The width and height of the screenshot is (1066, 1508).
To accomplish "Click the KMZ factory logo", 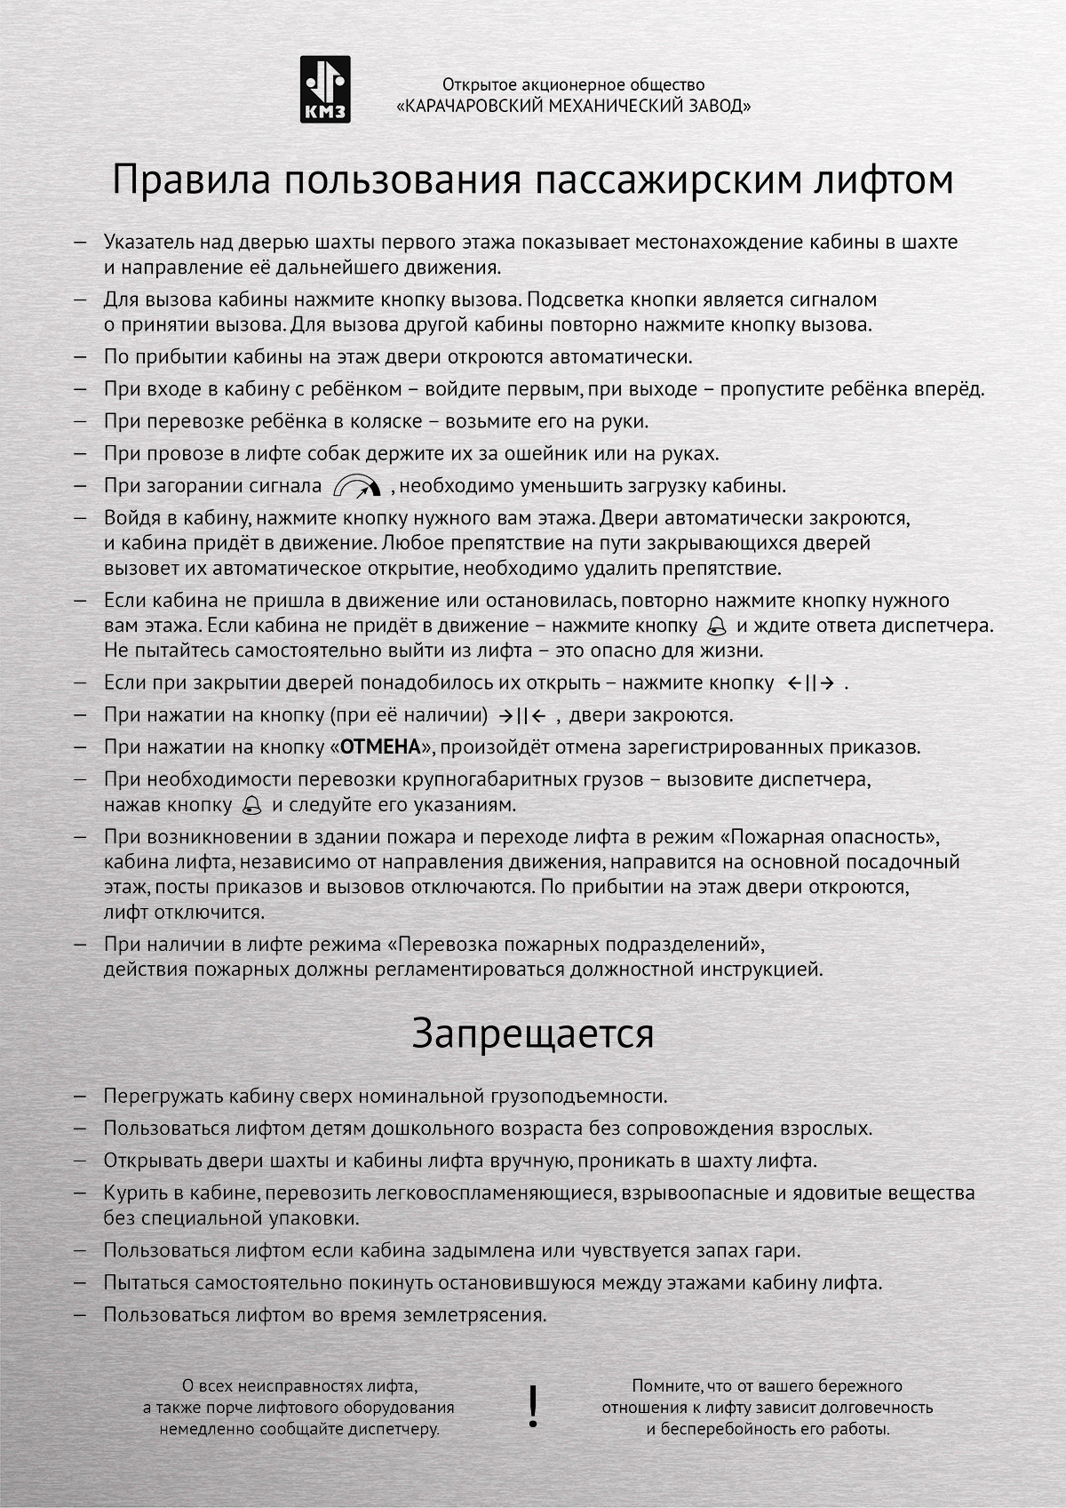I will click(325, 89).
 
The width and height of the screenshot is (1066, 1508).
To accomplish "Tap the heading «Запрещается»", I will click(533, 1033).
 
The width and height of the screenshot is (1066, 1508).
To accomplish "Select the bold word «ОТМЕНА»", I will click(380, 747).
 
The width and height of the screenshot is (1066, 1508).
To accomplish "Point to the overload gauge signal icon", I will click(357, 486).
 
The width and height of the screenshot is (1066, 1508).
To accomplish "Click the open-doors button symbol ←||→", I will click(811, 683).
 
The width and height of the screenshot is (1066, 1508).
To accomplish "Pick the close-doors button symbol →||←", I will click(522, 715).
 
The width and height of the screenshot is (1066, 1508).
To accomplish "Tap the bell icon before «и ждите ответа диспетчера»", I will click(716, 626).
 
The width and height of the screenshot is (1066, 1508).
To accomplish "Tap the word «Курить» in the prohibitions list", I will click(133, 1193).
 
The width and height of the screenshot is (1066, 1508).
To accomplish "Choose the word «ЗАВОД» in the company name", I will click(716, 107).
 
